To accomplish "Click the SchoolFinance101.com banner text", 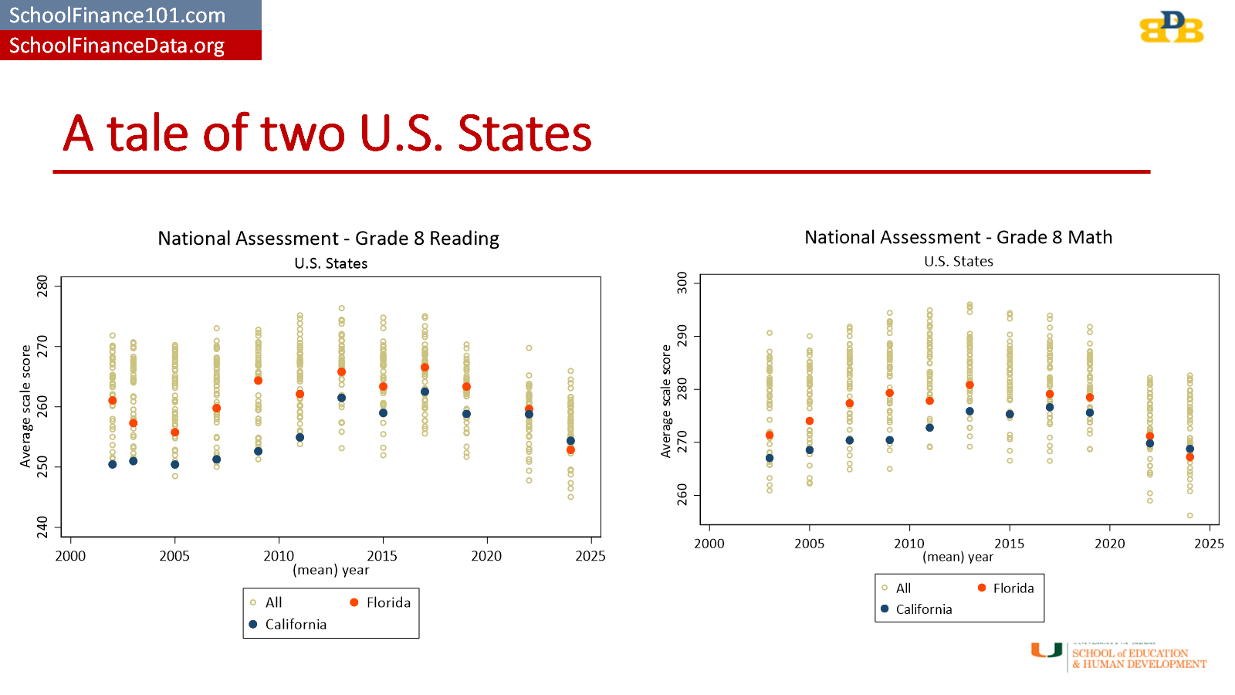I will (x=117, y=15).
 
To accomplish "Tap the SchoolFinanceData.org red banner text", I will (x=117, y=46).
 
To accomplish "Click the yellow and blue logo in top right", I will (x=1171, y=28).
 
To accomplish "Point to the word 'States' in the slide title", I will (x=524, y=134).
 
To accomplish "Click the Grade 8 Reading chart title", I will (x=328, y=239).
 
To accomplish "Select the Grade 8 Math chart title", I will (x=958, y=237).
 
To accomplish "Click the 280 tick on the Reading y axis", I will (x=42, y=286).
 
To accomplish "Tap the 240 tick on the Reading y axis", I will (x=42, y=527).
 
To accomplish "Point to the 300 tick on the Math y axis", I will (x=682, y=283).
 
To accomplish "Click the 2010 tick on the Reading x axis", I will (x=278, y=556).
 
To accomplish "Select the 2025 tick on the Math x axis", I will (x=1208, y=544).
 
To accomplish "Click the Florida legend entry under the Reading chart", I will (x=381, y=602).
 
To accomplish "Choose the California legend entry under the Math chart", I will (x=916, y=609).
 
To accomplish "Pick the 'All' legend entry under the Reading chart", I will (x=266, y=602).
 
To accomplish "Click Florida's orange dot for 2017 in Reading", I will (x=425, y=368).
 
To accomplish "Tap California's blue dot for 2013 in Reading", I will (x=341, y=398).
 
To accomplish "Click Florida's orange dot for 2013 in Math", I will (x=969, y=385).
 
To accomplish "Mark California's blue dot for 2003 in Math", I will (x=770, y=458).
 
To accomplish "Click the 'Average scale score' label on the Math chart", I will (x=666, y=401).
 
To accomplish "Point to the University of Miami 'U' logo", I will (x=1047, y=650).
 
